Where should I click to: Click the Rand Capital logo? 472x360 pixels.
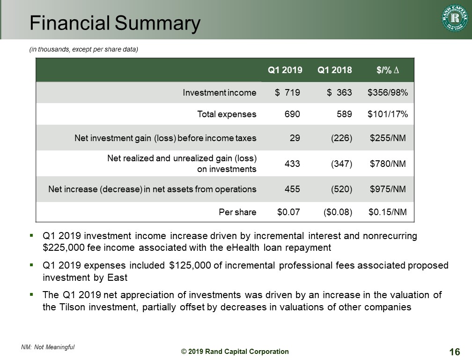[454, 19]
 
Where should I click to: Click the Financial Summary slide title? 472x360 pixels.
[115, 23]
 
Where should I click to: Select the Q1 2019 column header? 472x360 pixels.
[285, 70]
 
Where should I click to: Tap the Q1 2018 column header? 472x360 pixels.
[335, 70]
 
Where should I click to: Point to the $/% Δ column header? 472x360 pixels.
[388, 70]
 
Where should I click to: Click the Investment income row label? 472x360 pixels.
[220, 93]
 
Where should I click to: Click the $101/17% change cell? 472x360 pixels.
[388, 114]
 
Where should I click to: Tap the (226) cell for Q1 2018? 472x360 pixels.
[341, 138]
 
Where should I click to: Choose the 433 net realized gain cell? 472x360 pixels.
[293, 164]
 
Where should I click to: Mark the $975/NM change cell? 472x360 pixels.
[388, 189]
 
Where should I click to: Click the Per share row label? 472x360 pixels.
[238, 212]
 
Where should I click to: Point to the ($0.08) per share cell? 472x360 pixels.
[338, 212]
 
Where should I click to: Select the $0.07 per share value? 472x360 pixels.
[289, 212]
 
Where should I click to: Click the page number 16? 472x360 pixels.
[454, 352]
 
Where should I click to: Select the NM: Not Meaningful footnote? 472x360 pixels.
[48, 347]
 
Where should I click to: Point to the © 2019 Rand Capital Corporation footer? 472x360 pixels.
[235, 352]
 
